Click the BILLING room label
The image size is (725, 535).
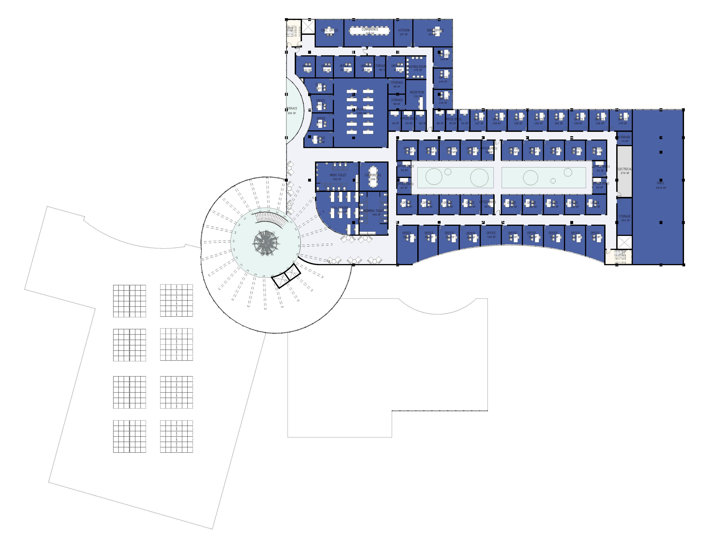coord(361,109)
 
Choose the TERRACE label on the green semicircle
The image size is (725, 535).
coord(292,108)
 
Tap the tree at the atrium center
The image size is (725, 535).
coord(266,242)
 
